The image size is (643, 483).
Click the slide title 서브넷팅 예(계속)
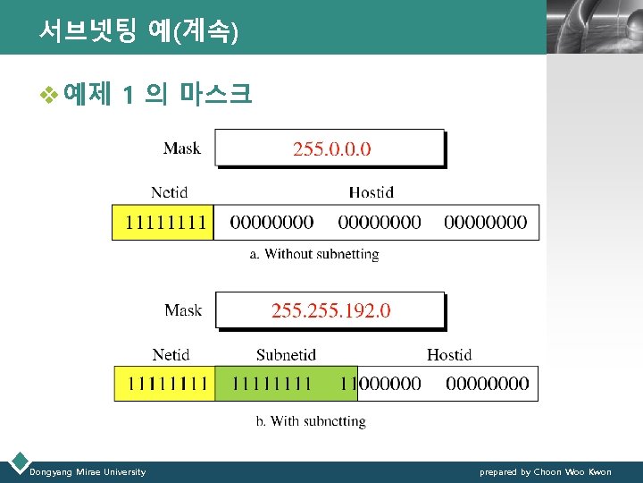click(138, 32)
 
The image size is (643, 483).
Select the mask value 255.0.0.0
click(331, 148)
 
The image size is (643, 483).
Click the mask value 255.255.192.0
click(330, 310)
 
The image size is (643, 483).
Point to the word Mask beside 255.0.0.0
click(182, 148)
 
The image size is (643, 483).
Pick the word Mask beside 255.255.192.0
click(183, 310)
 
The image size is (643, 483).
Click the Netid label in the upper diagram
click(170, 192)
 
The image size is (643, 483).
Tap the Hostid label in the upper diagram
click(371, 192)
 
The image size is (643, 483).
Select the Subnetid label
click(286, 355)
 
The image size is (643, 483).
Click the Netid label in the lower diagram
click(171, 355)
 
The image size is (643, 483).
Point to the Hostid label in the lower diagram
click(449, 355)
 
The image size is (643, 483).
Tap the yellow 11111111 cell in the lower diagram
click(165, 384)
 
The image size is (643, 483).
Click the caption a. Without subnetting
click(314, 254)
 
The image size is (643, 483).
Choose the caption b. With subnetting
click(311, 421)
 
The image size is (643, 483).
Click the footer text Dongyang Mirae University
click(88, 471)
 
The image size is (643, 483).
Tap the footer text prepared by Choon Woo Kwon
click(546, 471)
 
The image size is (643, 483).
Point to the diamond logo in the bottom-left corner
click(17, 463)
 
